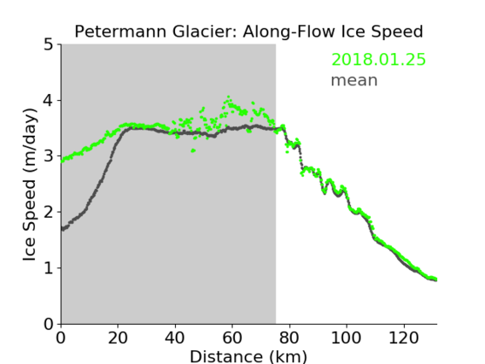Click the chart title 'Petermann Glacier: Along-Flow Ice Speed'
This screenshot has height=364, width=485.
click(248, 32)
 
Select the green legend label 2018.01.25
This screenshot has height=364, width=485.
click(378, 60)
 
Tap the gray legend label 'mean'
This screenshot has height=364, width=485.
click(354, 80)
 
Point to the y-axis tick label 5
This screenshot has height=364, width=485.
click(49, 45)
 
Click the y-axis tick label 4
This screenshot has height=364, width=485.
click(49, 101)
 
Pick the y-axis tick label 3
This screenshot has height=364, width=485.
click(49, 156)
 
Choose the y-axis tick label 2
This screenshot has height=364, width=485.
click(49, 212)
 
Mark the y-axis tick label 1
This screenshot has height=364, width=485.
click(49, 268)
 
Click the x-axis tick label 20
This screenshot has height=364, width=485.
click(118, 338)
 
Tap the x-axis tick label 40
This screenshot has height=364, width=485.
click(175, 338)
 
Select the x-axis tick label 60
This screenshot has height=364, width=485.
click(232, 338)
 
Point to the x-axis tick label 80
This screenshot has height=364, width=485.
click(289, 338)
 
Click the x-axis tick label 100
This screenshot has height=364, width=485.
click(346, 338)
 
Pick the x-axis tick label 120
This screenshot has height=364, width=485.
click(403, 338)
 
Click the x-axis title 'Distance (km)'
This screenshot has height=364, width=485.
click(248, 356)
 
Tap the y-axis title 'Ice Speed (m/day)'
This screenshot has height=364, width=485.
click(30, 185)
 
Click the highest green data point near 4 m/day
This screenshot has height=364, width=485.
click(229, 97)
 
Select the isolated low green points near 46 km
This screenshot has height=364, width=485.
click(193, 150)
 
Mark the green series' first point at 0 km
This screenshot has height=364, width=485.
click(62, 161)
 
